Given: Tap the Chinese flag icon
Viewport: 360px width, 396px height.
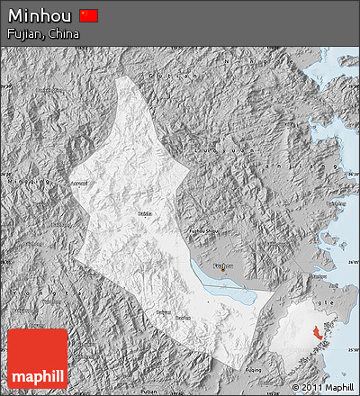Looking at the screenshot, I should click(88, 15).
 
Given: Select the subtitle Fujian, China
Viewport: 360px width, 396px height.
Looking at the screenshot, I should click(42, 34).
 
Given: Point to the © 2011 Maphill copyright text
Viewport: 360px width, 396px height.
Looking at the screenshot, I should click(321, 387).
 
